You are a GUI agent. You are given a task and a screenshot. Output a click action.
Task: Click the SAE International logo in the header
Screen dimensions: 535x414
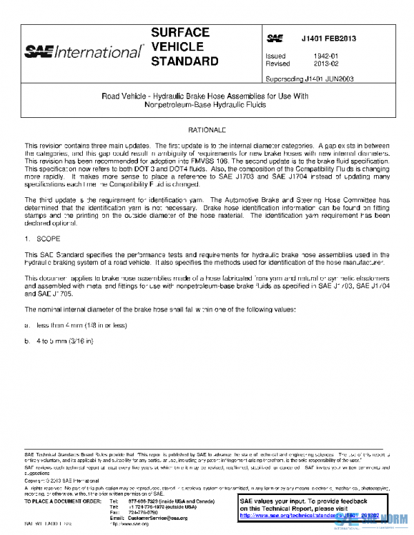[x=84, y=51]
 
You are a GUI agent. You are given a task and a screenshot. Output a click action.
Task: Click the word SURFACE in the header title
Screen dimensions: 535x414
[x=180, y=33]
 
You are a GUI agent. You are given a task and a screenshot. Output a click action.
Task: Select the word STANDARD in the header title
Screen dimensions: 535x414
[x=184, y=61]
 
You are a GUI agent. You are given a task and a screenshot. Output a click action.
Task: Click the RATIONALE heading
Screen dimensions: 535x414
[x=206, y=130]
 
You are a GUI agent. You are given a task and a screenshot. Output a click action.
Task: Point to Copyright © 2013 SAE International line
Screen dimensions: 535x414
[x=61, y=481]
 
